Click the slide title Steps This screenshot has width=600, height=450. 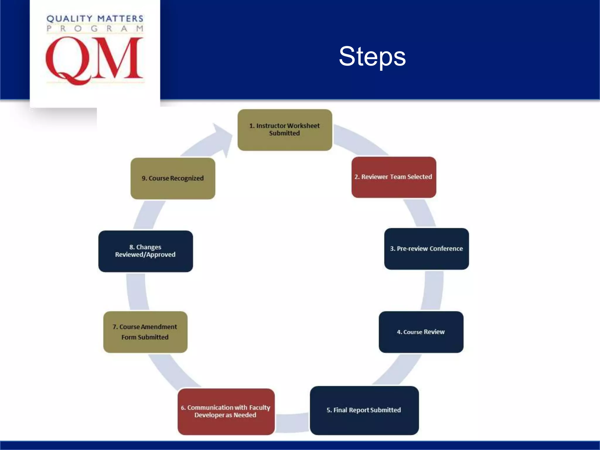[x=372, y=56]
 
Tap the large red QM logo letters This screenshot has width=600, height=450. [x=94, y=60]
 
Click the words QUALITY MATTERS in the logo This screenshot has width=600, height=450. [x=95, y=19]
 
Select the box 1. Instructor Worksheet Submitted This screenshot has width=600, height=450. [x=285, y=130]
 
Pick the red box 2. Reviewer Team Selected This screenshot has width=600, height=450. [x=393, y=177]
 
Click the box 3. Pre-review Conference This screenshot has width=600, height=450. [x=426, y=249]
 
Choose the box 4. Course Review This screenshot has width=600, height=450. [x=421, y=332]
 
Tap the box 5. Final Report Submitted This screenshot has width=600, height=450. [x=364, y=410]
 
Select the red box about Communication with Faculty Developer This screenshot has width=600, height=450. [x=226, y=411]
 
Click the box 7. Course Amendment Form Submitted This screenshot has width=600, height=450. [x=145, y=332]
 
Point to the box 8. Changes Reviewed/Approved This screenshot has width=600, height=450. [x=146, y=251]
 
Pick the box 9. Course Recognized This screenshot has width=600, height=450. [x=173, y=178]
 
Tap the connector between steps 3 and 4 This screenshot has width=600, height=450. [x=433, y=290]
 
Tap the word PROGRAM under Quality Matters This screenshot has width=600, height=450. [x=95, y=29]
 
